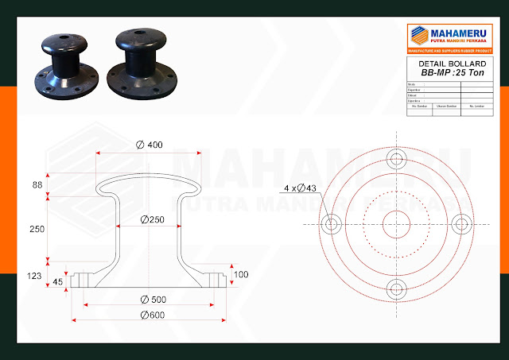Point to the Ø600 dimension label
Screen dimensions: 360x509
point(151,316)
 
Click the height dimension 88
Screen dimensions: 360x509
point(37,184)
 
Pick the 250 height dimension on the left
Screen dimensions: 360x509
point(37,228)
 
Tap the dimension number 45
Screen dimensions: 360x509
point(58,282)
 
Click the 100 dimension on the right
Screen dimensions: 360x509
point(241,274)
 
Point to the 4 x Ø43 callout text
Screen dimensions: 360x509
point(301,188)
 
